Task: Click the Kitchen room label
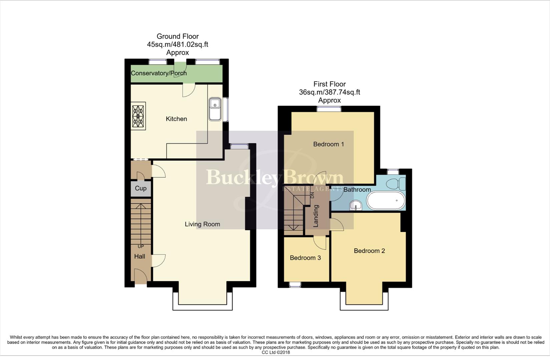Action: (x=176, y=119)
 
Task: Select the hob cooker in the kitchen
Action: (x=138, y=116)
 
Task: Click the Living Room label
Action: (x=202, y=224)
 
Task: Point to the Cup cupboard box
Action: (x=140, y=188)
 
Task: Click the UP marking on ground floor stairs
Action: (x=141, y=246)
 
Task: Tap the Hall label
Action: (x=139, y=256)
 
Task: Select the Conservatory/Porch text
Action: (x=158, y=73)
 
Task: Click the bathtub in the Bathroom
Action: (x=386, y=201)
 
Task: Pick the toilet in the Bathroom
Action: (x=397, y=184)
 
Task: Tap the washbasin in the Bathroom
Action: (x=356, y=205)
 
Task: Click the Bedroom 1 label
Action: (x=328, y=144)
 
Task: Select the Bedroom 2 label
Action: (x=369, y=251)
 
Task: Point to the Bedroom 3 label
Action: (x=305, y=258)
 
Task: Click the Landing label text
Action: (x=316, y=216)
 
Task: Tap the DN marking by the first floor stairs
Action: (x=312, y=195)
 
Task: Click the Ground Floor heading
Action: (x=177, y=36)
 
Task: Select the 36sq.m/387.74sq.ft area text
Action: (x=329, y=92)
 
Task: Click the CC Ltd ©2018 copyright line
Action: (x=276, y=352)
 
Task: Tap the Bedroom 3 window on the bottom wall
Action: (x=295, y=284)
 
